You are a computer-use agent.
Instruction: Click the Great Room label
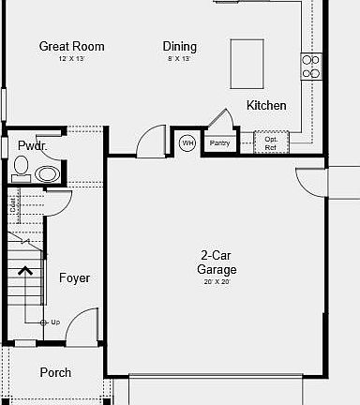point(71,46)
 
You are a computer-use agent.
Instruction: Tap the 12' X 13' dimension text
point(71,58)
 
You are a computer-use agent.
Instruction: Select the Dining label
point(180,46)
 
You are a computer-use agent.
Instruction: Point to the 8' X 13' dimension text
point(180,58)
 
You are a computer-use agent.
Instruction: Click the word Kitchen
point(266,105)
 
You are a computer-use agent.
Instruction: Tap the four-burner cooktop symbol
point(311,66)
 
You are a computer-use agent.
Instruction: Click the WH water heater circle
point(187,142)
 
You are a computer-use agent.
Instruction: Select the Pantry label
point(219,143)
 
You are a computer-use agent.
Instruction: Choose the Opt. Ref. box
point(270,142)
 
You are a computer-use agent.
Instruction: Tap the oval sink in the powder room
point(47,173)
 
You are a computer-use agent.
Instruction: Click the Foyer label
point(74,278)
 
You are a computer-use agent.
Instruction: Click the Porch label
point(55,372)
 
